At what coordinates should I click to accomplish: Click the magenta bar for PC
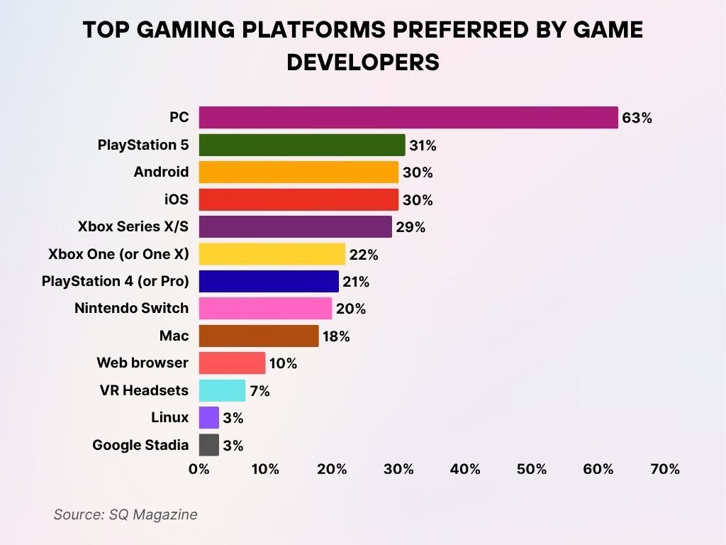[x=408, y=118]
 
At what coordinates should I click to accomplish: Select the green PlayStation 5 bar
[x=302, y=145]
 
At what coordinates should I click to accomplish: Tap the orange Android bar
[x=298, y=172]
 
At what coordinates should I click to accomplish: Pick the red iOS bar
[x=298, y=199]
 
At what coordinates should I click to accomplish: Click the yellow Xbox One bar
[x=272, y=254]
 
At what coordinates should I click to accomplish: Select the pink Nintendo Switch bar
[x=265, y=309]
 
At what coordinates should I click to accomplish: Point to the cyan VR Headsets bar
[x=222, y=390]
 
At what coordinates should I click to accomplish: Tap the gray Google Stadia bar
[x=209, y=445]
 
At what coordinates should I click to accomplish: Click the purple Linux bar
[x=209, y=417]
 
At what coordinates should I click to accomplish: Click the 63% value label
[x=637, y=118]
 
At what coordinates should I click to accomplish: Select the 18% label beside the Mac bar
[x=336, y=336]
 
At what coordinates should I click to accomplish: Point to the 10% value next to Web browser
[x=283, y=364]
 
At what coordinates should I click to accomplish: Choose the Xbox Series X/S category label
[x=133, y=227]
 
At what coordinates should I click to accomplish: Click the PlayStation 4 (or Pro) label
[x=116, y=282]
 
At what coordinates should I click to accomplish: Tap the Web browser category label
[x=143, y=363]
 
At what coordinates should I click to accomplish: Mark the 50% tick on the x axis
[x=532, y=469]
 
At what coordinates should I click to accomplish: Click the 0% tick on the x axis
[x=199, y=469]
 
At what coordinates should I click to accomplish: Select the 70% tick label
[x=665, y=469]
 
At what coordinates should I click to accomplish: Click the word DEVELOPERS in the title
[x=363, y=62]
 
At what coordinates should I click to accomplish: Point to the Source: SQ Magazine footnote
[x=125, y=515]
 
